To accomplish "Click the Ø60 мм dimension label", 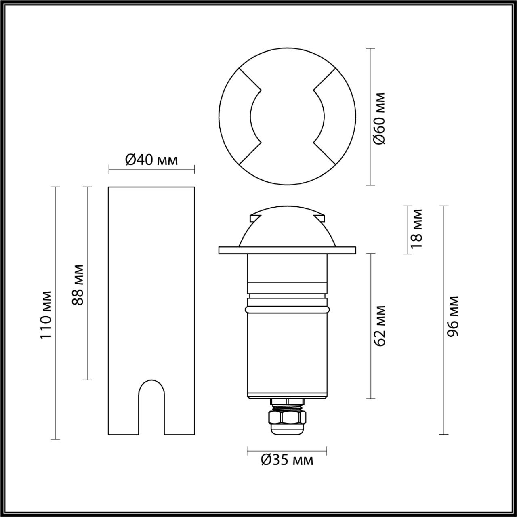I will click(x=380, y=118).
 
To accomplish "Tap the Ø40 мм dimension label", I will click(x=151, y=160).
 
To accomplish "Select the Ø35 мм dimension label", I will click(x=287, y=460).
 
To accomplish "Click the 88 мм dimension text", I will click(x=78, y=285).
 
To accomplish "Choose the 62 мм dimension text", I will click(x=380, y=326).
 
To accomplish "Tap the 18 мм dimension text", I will click(x=416, y=228).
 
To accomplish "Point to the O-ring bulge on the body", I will click(x=287, y=309).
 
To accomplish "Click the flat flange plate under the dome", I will click(x=287, y=250).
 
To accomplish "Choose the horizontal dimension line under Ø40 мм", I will click(x=151, y=169).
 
